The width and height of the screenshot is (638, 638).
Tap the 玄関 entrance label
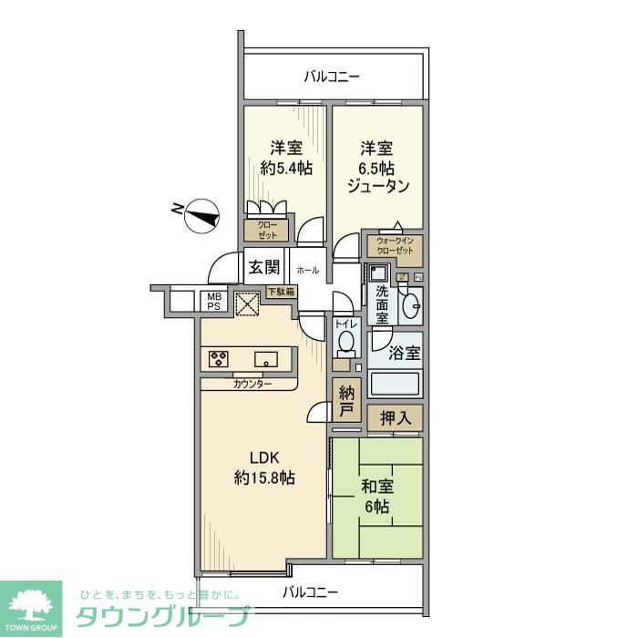(x=264, y=268)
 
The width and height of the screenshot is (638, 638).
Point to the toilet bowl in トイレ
(x=345, y=342)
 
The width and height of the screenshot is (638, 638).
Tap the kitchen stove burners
(x=220, y=358)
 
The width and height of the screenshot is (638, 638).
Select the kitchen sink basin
(x=267, y=358)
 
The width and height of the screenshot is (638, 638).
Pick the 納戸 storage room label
(x=346, y=402)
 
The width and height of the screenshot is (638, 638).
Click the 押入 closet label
(x=396, y=419)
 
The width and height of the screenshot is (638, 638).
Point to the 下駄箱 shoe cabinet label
(x=281, y=292)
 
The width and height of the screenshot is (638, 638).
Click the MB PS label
(x=212, y=302)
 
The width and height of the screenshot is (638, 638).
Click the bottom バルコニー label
(x=310, y=592)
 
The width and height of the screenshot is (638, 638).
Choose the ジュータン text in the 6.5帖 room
(x=377, y=186)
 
